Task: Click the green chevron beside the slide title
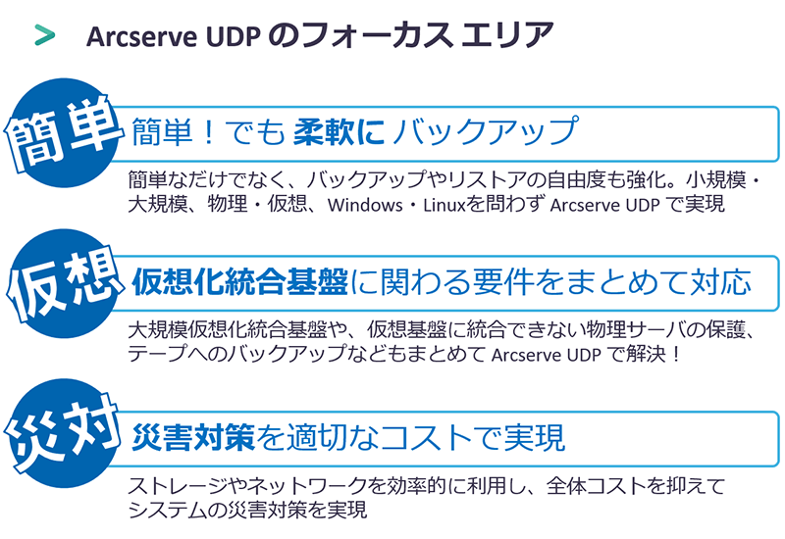pyautogui.click(x=43, y=34)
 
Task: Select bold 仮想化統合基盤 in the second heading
pyautogui.click(x=239, y=283)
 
